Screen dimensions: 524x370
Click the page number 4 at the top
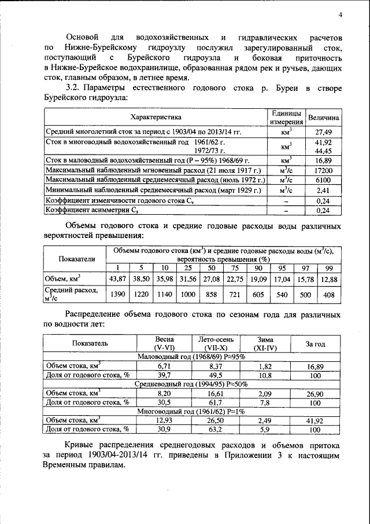click(x=341, y=14)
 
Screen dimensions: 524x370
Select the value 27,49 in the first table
click(x=323, y=133)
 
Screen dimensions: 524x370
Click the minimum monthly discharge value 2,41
click(x=323, y=190)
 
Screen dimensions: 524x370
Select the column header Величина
click(x=323, y=118)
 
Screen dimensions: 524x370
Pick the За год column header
click(x=315, y=343)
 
